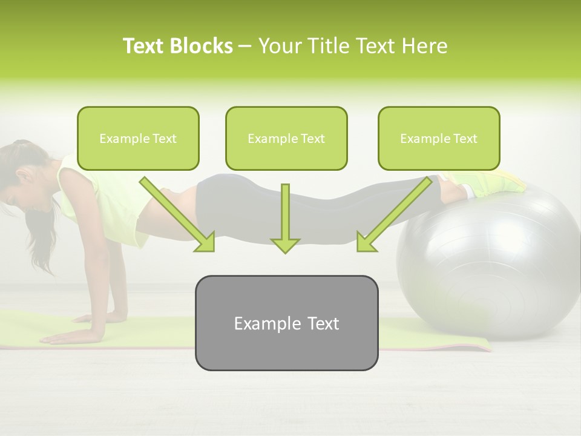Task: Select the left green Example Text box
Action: click(138, 139)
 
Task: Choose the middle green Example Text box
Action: click(286, 139)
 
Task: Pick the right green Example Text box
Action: click(439, 139)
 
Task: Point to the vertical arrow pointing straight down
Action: click(285, 218)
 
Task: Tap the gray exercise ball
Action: click(496, 260)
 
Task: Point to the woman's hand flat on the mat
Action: click(67, 337)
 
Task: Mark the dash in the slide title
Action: click(246, 47)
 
